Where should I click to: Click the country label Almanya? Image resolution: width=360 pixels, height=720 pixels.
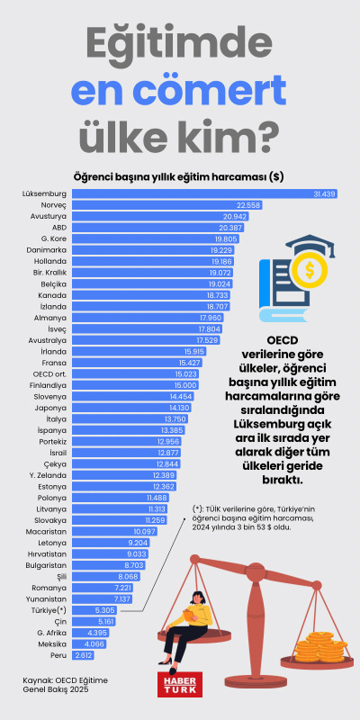50,318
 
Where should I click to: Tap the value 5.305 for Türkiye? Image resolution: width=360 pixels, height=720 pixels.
105,609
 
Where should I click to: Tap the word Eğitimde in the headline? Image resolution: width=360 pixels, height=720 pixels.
179,43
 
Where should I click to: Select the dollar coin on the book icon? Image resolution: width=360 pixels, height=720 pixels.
309,270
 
